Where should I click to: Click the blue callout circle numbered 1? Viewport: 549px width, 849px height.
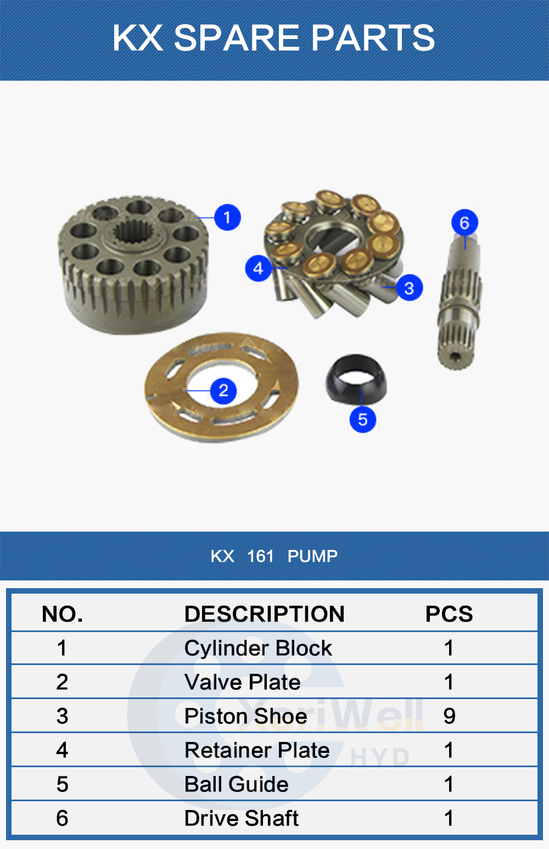coord(227,217)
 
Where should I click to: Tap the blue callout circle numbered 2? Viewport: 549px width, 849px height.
coord(223,391)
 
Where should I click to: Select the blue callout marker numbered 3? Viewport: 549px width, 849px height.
coord(409,288)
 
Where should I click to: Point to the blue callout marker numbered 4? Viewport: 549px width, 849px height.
coord(259,269)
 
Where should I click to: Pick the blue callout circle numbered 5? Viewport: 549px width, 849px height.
coord(362,419)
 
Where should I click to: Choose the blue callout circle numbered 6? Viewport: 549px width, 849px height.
coord(465,222)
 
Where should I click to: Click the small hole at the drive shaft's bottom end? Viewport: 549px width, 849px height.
coord(456,356)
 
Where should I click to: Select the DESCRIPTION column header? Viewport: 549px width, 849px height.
coord(265,613)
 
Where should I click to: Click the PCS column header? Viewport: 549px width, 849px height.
coord(449,613)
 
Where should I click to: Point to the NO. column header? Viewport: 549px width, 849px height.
coord(62,614)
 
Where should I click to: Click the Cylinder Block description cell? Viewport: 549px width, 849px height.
coord(258,648)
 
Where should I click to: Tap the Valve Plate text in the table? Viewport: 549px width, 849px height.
coord(243,682)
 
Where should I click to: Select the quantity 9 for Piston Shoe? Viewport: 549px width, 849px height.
coord(449,716)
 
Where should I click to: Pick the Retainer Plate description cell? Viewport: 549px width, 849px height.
coord(257,750)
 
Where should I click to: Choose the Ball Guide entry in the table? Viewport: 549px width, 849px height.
coord(237,784)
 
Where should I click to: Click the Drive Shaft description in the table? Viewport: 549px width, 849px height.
coord(242,818)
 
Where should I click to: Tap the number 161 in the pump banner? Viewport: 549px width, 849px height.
coord(260,556)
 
